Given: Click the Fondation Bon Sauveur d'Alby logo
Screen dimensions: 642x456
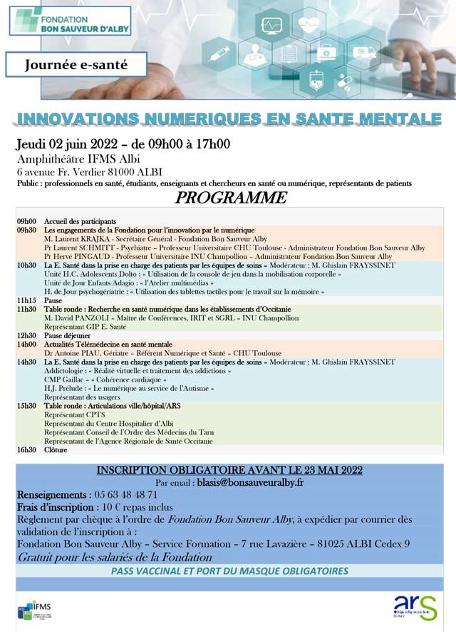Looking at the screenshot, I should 70,20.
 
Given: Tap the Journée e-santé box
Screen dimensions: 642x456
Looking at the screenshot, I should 76,64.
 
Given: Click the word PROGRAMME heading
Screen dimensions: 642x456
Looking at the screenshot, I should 231,198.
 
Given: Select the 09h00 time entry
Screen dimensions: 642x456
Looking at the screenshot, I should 26,222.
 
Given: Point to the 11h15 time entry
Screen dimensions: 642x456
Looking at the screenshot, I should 26,301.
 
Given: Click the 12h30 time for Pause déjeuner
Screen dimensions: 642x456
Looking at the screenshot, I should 26,335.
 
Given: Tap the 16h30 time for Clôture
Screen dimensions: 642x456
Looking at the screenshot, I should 26,450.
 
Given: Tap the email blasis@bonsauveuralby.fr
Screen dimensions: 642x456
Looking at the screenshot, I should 240,482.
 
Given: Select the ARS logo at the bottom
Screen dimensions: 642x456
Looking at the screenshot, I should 415,608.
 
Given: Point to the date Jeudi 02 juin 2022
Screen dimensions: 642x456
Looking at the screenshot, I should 73,143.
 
